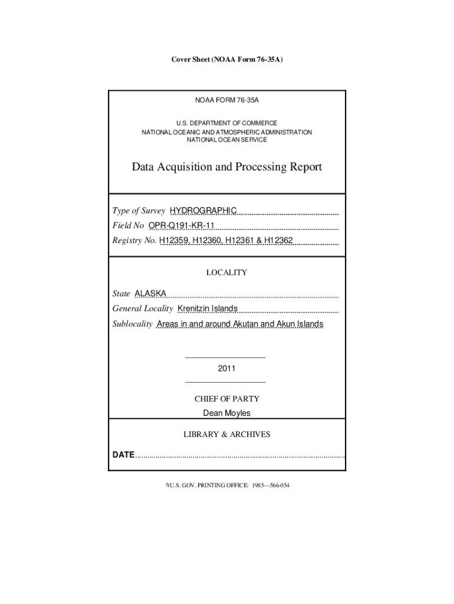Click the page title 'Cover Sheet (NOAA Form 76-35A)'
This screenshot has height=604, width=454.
[226, 60]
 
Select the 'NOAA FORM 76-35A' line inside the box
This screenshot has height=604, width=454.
[227, 101]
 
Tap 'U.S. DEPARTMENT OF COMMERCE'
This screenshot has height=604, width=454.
[227, 123]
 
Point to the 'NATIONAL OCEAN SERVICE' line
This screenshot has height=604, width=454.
[227, 140]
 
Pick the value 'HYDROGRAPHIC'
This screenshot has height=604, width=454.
[203, 211]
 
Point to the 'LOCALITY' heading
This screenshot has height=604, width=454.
[226, 273]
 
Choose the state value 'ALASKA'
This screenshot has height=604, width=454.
[150, 293]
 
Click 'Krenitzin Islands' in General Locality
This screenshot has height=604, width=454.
[208, 308]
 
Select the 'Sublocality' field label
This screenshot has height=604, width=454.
[133, 324]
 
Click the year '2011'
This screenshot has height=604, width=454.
[226, 369]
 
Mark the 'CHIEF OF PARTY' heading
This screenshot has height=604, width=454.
[227, 399]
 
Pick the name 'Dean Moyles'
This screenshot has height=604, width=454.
[227, 413]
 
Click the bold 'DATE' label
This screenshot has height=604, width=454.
[124, 455]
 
